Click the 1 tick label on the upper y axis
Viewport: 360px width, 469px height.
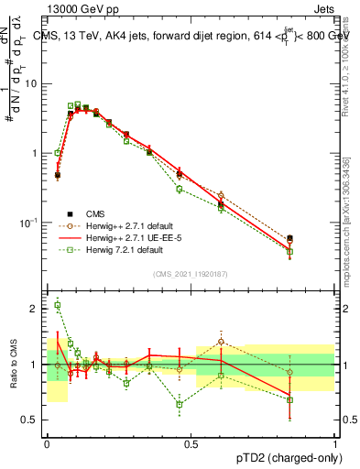35,153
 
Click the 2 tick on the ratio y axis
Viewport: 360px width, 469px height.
35,309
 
